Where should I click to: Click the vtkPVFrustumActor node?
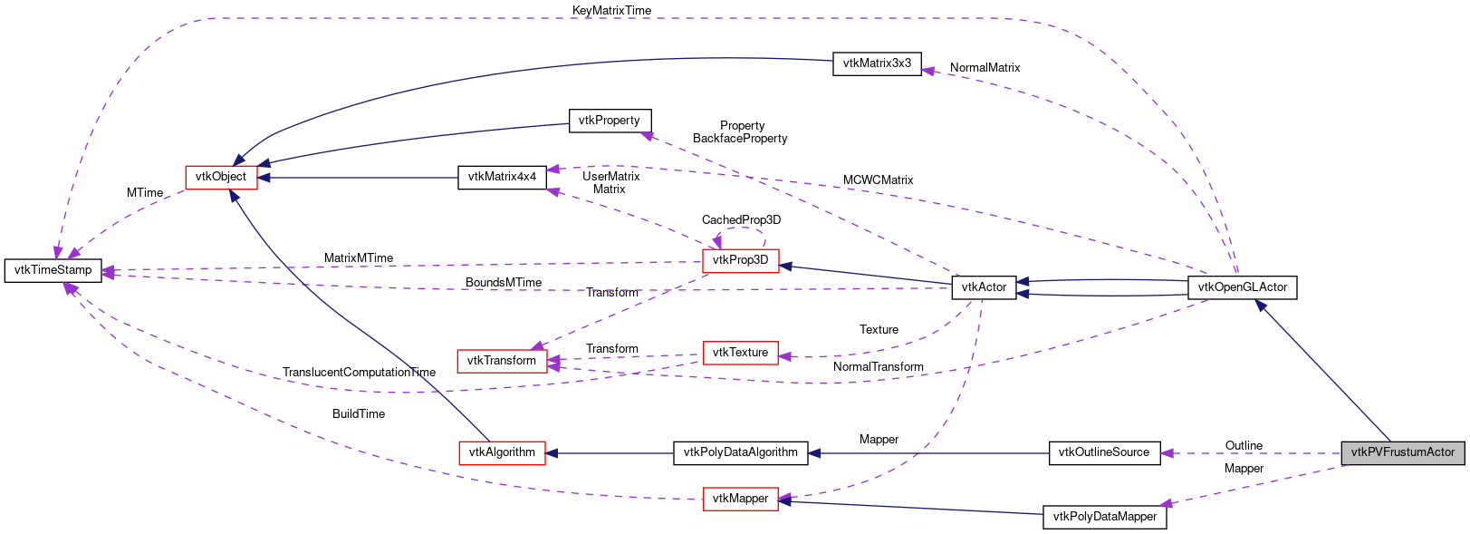tap(1402, 452)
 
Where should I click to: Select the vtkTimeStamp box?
tap(53, 270)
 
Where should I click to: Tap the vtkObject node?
tap(221, 177)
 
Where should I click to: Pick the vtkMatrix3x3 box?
tap(876, 63)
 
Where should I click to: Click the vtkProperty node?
tap(609, 121)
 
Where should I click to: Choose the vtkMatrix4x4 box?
tap(502, 177)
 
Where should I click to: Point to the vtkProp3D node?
tap(740, 260)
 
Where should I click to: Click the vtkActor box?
tap(984, 287)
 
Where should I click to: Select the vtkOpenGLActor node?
tap(1242, 287)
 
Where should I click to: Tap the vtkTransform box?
tap(501, 361)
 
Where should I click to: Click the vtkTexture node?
tap(740, 353)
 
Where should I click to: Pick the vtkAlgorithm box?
tap(502, 452)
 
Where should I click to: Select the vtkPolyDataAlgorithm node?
tap(740, 452)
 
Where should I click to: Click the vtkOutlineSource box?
tap(1103, 452)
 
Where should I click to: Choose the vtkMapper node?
tap(740, 499)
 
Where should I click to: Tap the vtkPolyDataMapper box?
tap(1103, 517)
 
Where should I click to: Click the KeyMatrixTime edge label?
tap(611, 10)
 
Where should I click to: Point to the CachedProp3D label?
tap(741, 220)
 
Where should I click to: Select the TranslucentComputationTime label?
tap(359, 373)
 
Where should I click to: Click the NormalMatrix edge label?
tap(985, 68)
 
